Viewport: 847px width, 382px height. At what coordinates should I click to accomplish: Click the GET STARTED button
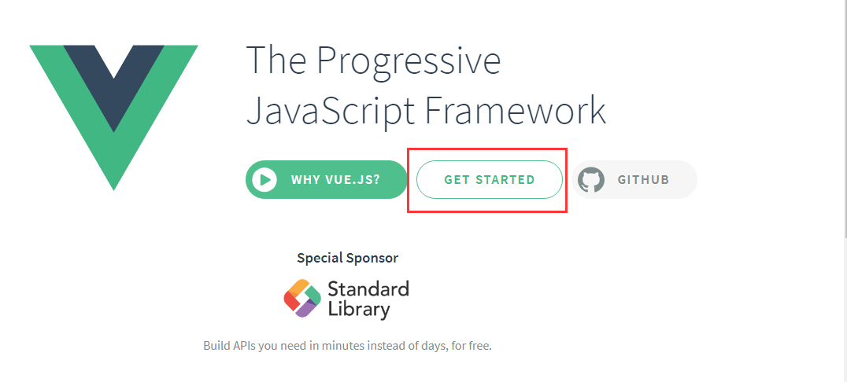coord(490,180)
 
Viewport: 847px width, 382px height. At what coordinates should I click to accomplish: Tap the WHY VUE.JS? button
coord(326,180)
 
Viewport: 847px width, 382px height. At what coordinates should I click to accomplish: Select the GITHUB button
coord(634,180)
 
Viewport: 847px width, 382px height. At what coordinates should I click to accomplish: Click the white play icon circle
coord(264,180)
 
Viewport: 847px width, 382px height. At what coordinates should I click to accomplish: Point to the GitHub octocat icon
coord(591,180)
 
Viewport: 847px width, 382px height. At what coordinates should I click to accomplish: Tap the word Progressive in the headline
coord(409,61)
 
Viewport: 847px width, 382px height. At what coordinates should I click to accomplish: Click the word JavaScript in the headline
coord(331,111)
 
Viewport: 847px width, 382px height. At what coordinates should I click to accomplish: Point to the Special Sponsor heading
coord(347,258)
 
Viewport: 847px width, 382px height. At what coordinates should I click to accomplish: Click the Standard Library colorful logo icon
coord(302,299)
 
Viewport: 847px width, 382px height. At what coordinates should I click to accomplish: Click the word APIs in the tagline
coord(242,345)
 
